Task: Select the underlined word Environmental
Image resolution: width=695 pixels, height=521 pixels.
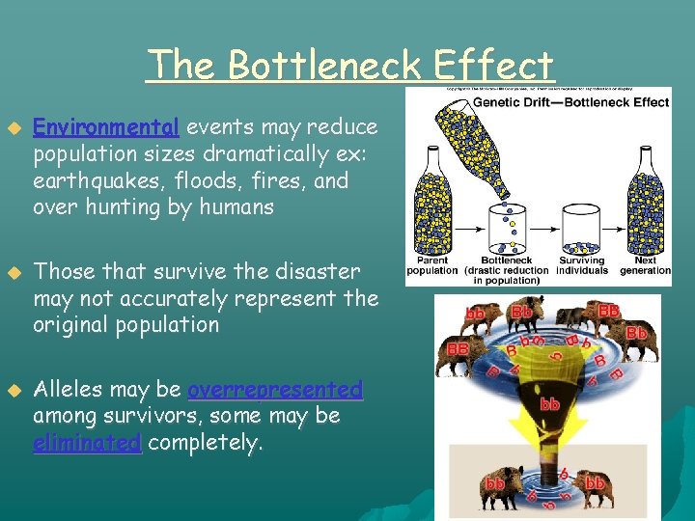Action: pos(106,127)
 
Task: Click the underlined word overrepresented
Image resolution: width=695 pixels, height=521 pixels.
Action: pos(275,390)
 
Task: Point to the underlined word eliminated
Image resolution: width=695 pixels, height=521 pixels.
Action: pos(87,443)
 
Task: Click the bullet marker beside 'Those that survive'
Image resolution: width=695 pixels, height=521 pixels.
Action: pos(14,273)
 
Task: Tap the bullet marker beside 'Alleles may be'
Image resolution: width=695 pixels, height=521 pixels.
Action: pos(14,391)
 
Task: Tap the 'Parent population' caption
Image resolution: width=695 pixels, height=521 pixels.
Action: pos(432,265)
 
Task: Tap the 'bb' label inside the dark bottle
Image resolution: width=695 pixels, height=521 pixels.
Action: pos(550,404)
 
